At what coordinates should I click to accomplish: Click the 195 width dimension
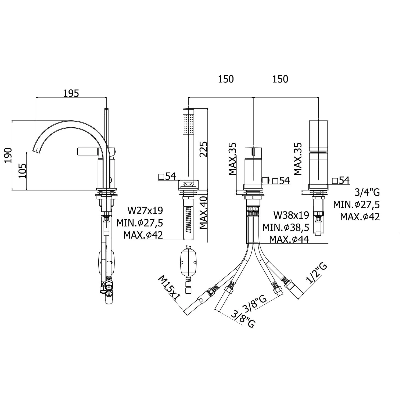[71, 93]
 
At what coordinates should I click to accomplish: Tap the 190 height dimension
[8, 155]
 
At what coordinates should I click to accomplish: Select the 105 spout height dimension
[22, 171]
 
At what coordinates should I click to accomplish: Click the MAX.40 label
[203, 213]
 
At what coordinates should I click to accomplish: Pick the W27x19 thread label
[145, 211]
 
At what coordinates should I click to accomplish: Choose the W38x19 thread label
[291, 215]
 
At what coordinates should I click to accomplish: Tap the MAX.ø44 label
[289, 239]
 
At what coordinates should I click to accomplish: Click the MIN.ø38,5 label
[286, 227]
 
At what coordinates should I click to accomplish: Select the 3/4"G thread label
[367, 192]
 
